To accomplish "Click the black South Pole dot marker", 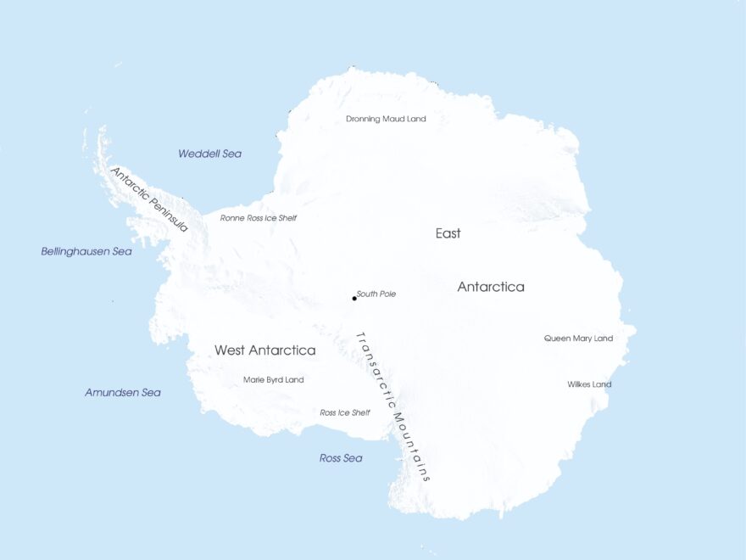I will [x=354, y=298].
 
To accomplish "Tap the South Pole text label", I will [x=376, y=294].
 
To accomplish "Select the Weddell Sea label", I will [x=209, y=154].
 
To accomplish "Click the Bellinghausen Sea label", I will [x=86, y=252].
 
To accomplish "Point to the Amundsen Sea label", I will [x=123, y=393].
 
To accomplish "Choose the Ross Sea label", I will [x=341, y=458].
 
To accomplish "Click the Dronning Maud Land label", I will [x=386, y=119].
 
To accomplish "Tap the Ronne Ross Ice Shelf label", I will [x=259, y=218].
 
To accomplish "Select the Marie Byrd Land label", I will [x=273, y=380].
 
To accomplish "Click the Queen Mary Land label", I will [x=578, y=339].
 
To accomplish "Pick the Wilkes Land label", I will [x=589, y=384].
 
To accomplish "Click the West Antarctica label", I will [x=264, y=350].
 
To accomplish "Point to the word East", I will [x=448, y=233].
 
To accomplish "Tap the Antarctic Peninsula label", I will [x=149, y=199].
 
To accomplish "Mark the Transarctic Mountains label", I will [x=392, y=406].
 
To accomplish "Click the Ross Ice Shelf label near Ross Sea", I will [x=345, y=413].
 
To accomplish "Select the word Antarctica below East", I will [x=491, y=287].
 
